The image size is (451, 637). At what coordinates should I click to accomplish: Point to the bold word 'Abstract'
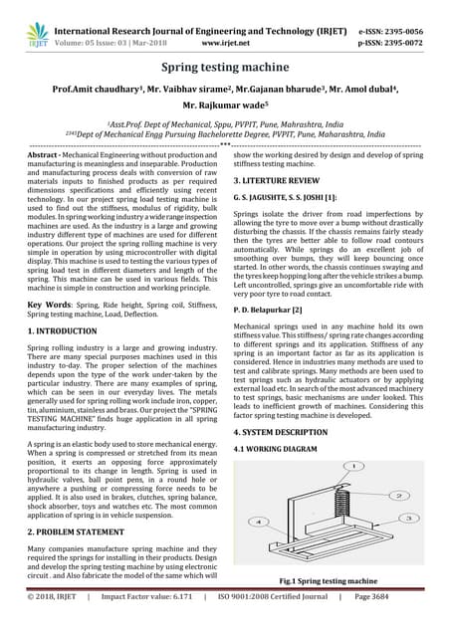(47, 157)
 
